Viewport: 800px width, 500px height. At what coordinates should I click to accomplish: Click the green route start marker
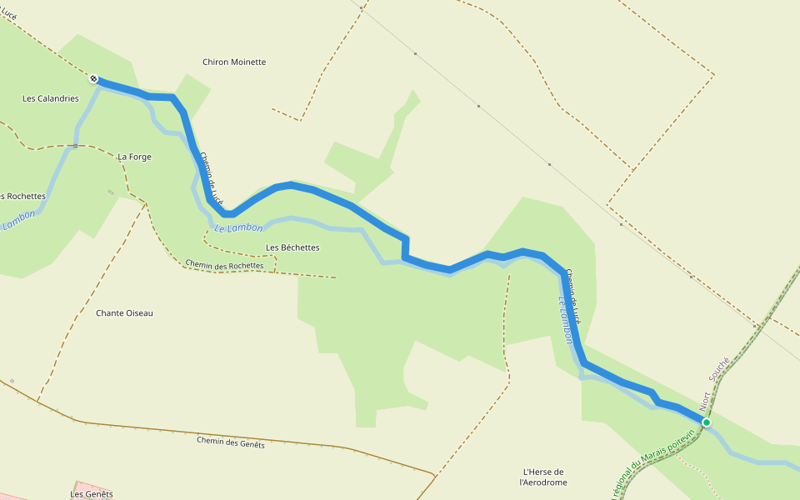[707, 422]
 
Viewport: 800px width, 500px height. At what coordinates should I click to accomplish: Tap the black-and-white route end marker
[93, 79]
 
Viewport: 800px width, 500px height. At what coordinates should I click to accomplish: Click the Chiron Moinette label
[234, 62]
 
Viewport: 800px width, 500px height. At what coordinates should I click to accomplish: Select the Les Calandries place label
[50, 98]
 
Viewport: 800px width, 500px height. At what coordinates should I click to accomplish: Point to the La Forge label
[134, 157]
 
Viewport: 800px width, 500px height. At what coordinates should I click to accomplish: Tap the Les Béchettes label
[292, 247]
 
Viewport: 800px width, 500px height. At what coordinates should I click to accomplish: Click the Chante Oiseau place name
[125, 313]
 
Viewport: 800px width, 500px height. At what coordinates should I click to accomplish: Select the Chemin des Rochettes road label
[224, 265]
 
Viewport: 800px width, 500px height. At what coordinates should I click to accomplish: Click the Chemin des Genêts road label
[231, 442]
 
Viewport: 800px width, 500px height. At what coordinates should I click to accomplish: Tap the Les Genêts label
[92, 494]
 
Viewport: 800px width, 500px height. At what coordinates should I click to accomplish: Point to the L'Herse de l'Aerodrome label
[542, 477]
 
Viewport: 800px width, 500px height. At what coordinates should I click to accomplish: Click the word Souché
[719, 368]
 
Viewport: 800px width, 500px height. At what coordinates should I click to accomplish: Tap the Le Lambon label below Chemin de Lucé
[238, 227]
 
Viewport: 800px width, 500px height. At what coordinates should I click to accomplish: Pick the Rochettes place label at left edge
[22, 197]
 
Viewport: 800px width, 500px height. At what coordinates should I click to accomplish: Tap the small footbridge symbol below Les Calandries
[74, 146]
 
